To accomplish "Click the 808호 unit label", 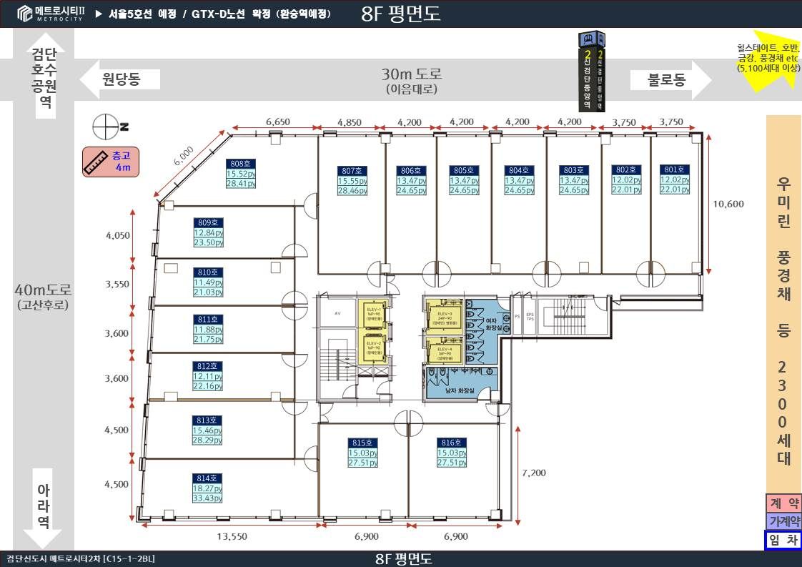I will (x=241, y=163).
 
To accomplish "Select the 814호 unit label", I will (x=208, y=478).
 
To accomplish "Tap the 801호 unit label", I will (x=674, y=169).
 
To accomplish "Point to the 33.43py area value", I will (x=208, y=498).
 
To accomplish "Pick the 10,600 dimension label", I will (x=728, y=204).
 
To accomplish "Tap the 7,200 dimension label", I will (x=534, y=473).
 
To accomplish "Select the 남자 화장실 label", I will (x=460, y=390).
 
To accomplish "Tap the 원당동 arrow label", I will (x=120, y=79).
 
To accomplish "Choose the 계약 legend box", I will (x=783, y=503).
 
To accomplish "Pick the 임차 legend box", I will (x=783, y=541).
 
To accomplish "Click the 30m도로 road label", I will (x=411, y=73).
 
